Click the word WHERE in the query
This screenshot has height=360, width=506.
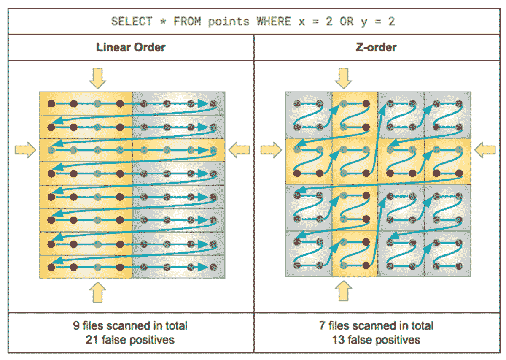tap(273, 21)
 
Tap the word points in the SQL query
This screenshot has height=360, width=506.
tap(229, 21)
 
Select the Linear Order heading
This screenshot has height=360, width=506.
tap(131, 47)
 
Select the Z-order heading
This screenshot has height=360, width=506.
tap(376, 47)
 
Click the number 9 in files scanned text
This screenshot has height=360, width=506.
tap(75, 326)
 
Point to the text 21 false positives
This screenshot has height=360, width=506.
tap(130, 339)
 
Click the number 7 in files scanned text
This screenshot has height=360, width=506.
tap(322, 326)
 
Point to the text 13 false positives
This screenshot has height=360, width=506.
tap(376, 339)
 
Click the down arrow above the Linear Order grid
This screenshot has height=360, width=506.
tap(97, 78)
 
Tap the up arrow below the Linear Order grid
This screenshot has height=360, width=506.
tap(97, 292)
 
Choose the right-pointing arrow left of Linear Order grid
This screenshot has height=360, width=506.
tap(25, 150)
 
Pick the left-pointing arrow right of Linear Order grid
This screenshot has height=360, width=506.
tap(239, 150)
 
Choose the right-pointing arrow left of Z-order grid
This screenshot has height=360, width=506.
tap(271, 150)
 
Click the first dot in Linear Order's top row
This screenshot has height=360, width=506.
tap(51, 103)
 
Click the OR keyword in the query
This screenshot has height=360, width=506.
tap(346, 21)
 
